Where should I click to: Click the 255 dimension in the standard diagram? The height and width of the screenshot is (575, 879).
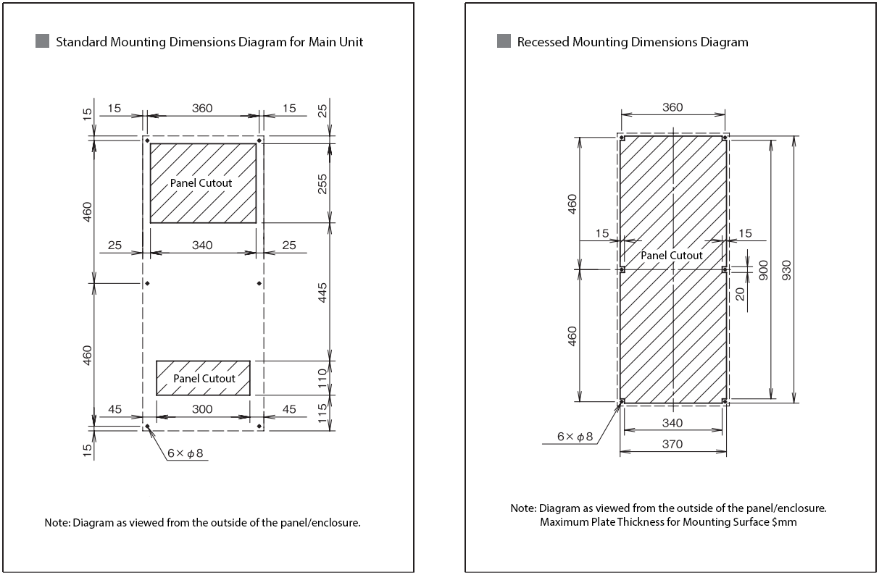tap(322, 182)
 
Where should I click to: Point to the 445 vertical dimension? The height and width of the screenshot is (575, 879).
tap(322, 293)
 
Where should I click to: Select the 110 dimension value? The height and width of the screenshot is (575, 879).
tap(322, 378)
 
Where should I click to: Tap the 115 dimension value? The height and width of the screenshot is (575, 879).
tap(322, 413)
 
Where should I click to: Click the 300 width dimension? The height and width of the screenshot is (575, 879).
tap(202, 409)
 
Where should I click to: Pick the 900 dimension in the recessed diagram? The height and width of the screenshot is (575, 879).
tap(762, 269)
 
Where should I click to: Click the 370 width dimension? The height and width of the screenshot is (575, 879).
tap(672, 444)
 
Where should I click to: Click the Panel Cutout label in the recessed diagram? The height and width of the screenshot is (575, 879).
tap(671, 255)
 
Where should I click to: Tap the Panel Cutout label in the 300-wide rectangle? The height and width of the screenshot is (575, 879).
tap(204, 378)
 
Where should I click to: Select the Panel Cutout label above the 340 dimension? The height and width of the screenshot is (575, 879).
tap(201, 182)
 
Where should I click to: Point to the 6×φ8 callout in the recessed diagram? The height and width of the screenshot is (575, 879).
tap(574, 437)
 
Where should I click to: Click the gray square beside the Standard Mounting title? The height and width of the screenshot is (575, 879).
tap(42, 41)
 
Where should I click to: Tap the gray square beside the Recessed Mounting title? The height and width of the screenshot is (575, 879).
tap(504, 41)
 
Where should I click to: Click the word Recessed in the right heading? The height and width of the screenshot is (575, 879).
tap(543, 42)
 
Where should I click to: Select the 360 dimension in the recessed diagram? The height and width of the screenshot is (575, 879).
tap(672, 107)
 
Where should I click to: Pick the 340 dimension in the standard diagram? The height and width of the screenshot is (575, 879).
tap(202, 245)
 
